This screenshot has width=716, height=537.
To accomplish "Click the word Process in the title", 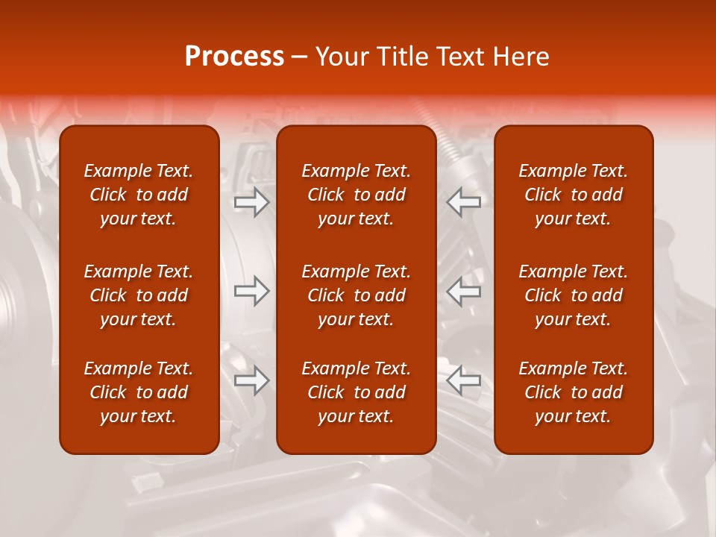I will pos(234,57).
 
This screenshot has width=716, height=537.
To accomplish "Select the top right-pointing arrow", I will pos(252,202).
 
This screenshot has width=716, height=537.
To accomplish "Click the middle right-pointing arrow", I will pos(252,292).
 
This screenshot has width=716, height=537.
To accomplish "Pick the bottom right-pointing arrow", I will pos(252,381).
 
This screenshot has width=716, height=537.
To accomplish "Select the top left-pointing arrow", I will pos(464,202).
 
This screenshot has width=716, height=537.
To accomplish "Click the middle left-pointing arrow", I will pos(464,292).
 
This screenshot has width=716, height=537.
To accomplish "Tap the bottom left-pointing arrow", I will pos(464,381).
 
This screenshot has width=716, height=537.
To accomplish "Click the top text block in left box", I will pos(139,195).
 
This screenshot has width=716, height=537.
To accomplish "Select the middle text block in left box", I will pos(139,295).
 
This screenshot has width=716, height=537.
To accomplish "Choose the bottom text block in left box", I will pos(139,392).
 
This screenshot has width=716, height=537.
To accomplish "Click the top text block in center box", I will pos(356,195).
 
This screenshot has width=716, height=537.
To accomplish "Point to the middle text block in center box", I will pos(356,295).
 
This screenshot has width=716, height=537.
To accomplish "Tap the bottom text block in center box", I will pos(356,392).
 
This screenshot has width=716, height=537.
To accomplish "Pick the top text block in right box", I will pos(573,195).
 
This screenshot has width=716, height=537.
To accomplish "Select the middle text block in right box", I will pos(573,295).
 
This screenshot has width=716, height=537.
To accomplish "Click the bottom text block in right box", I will pos(573,392).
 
